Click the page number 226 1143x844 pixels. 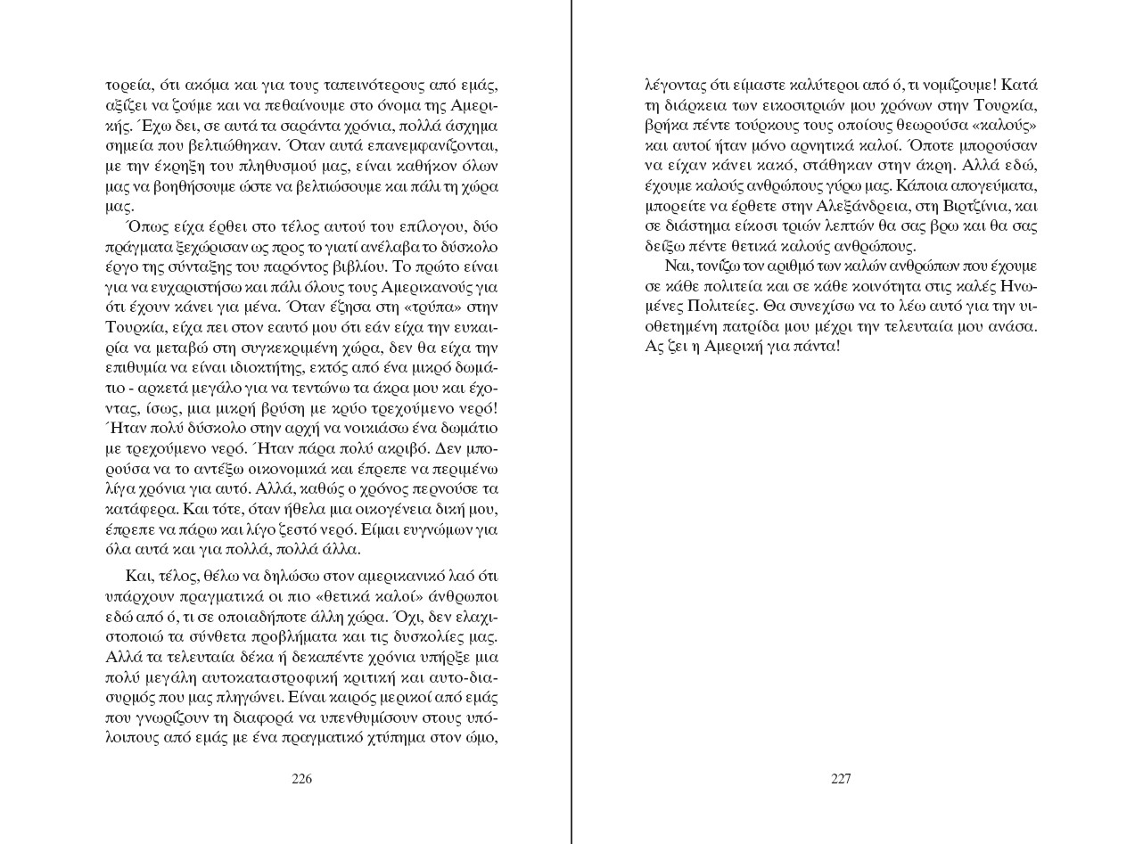(x=302, y=779)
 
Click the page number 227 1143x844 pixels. (x=841, y=779)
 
